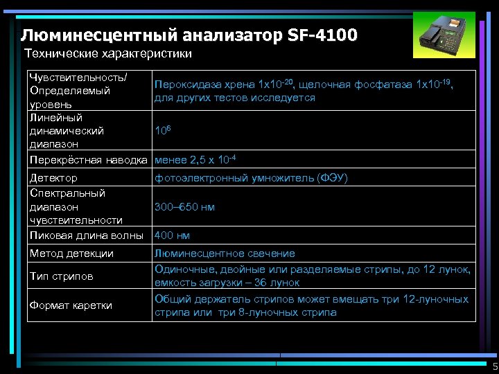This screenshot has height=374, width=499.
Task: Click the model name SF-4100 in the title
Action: (x=320, y=34)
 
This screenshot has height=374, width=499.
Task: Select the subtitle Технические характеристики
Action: (x=107, y=53)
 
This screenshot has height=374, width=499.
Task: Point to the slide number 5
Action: (x=494, y=366)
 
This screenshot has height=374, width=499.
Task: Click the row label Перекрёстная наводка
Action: (x=89, y=161)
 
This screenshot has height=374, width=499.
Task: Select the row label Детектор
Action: (x=53, y=178)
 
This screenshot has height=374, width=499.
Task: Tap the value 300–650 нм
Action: (x=184, y=206)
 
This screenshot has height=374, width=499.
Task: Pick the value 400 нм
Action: (x=172, y=235)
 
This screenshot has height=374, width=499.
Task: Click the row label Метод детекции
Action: (x=71, y=253)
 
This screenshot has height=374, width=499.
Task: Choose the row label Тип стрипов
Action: (x=61, y=276)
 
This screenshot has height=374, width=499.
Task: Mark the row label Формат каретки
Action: (x=71, y=305)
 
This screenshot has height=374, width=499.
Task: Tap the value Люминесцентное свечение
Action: (x=225, y=253)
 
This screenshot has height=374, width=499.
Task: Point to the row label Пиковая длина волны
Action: (x=86, y=235)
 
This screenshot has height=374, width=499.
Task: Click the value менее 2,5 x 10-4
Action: (x=195, y=161)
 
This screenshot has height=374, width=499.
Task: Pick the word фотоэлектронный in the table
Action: (x=196, y=178)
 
